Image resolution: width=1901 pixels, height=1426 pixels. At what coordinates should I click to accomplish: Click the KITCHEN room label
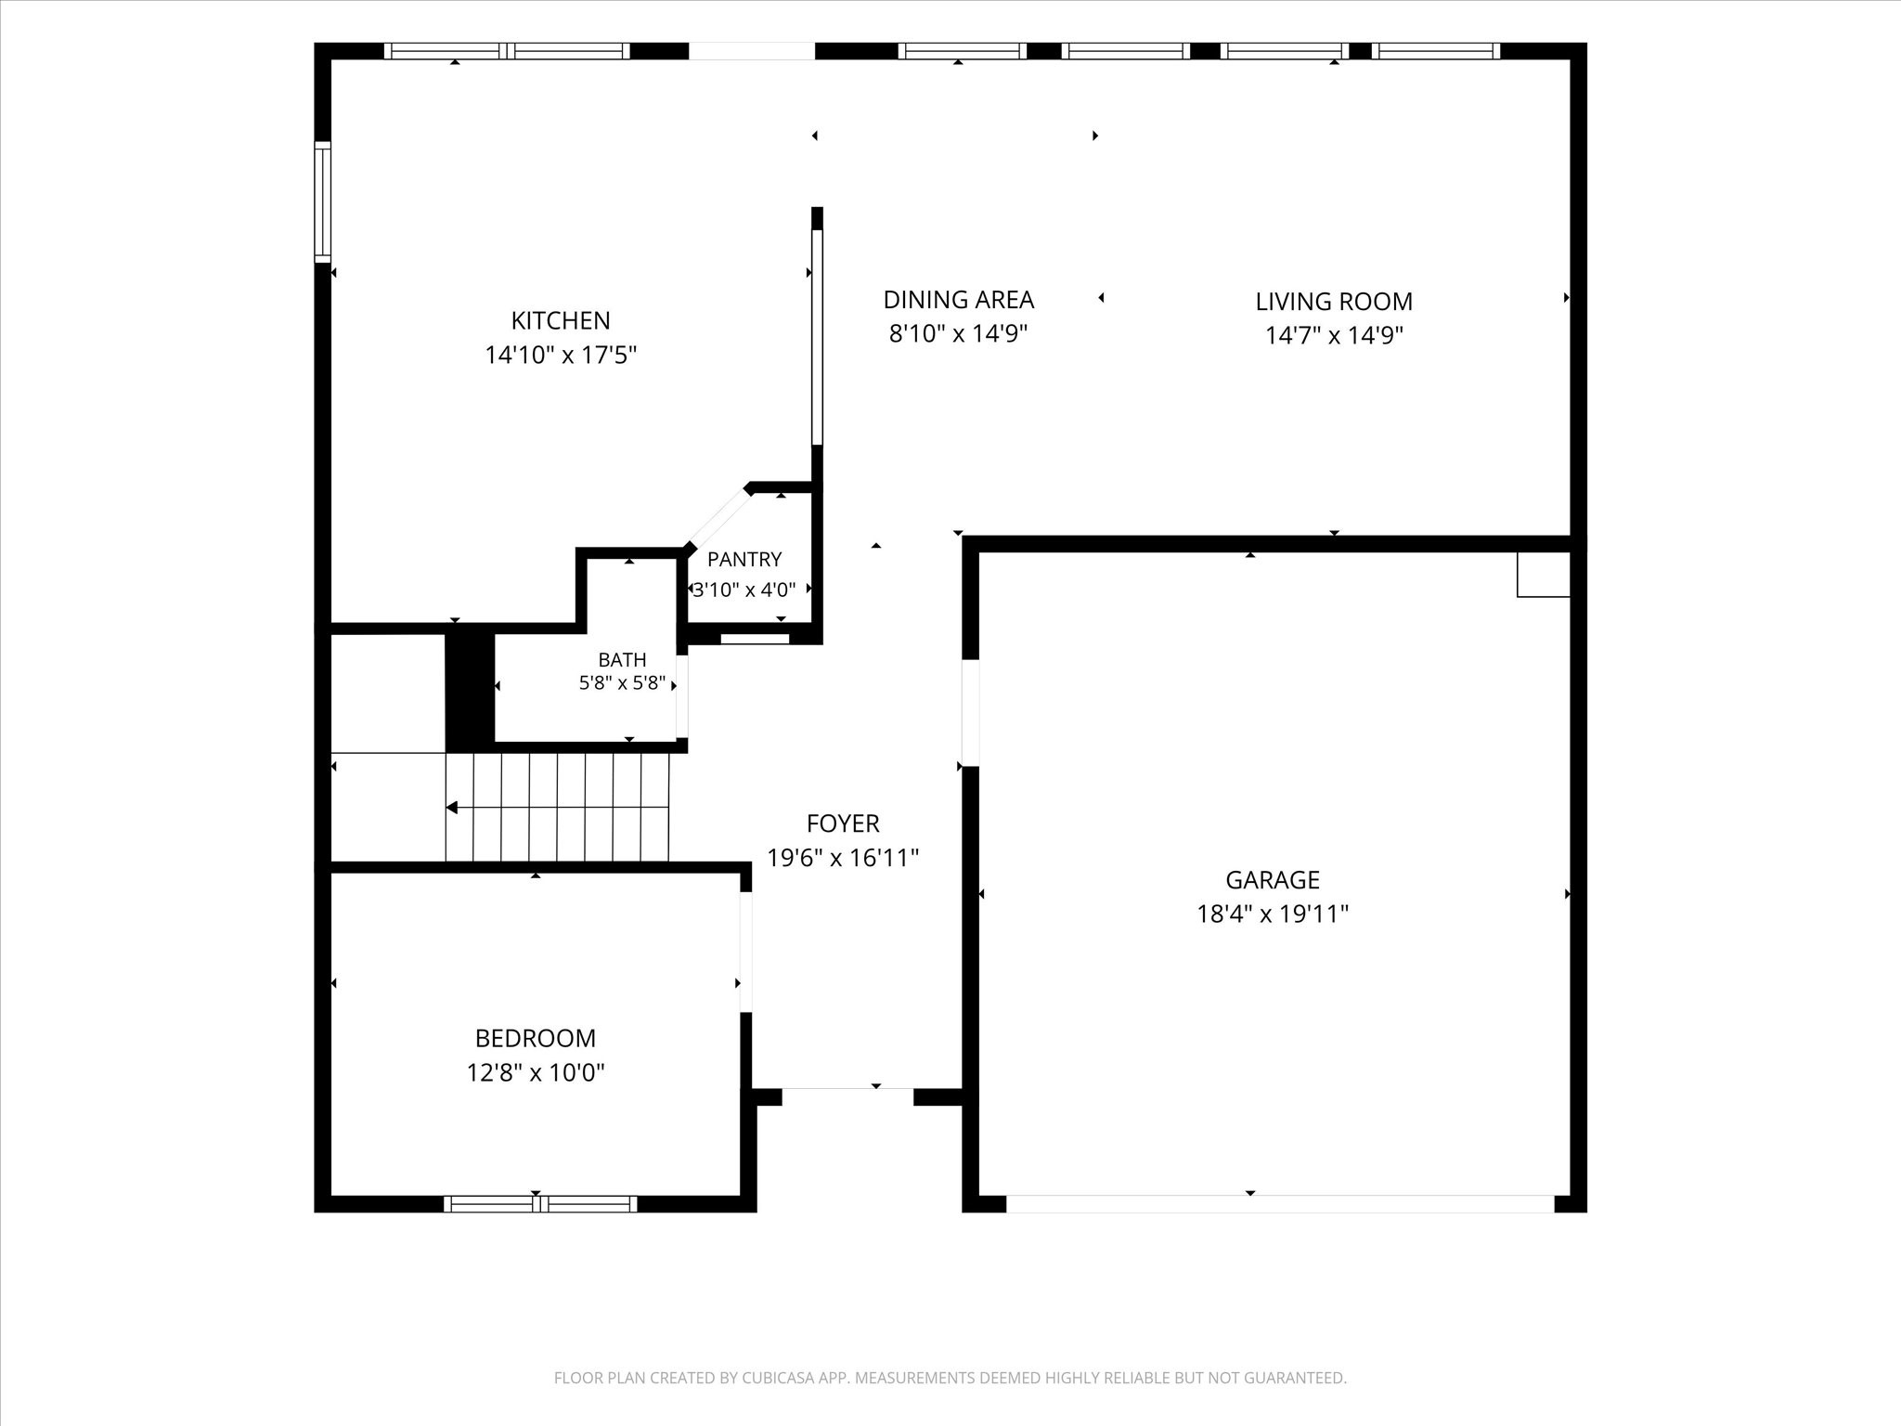click(561, 320)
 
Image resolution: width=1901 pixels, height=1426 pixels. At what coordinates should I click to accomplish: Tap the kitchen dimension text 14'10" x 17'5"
click(561, 355)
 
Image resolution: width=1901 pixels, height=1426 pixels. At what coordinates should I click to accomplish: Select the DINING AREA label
click(958, 300)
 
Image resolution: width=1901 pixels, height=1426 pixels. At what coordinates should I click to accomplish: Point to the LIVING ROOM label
click(1334, 302)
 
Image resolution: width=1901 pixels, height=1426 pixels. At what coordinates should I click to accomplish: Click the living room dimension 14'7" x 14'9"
click(1334, 335)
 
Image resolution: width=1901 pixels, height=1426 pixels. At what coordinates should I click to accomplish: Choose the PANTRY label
click(744, 559)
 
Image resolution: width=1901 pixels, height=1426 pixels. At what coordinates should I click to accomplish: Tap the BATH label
click(622, 660)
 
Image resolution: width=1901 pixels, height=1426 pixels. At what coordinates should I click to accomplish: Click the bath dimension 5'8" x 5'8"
click(622, 683)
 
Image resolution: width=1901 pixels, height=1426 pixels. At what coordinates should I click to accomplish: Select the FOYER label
click(843, 823)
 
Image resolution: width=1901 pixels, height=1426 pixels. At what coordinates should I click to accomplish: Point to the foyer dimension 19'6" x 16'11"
click(843, 857)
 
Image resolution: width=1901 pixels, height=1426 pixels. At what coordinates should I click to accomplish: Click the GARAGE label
click(1273, 879)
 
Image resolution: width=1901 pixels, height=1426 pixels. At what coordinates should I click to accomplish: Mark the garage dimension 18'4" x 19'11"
click(1273, 914)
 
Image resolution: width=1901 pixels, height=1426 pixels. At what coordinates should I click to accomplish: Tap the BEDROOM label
click(536, 1038)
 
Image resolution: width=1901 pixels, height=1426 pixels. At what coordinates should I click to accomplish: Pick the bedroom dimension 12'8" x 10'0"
click(536, 1073)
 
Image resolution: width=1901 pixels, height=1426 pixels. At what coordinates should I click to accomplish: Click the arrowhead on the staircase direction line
click(451, 808)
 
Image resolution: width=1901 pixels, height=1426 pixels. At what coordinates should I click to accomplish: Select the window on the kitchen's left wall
click(322, 201)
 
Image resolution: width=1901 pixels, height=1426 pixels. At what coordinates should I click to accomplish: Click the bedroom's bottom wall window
click(540, 1204)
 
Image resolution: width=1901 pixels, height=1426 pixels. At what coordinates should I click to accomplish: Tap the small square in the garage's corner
click(1544, 575)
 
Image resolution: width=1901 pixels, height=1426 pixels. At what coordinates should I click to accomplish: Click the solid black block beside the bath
click(470, 689)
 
